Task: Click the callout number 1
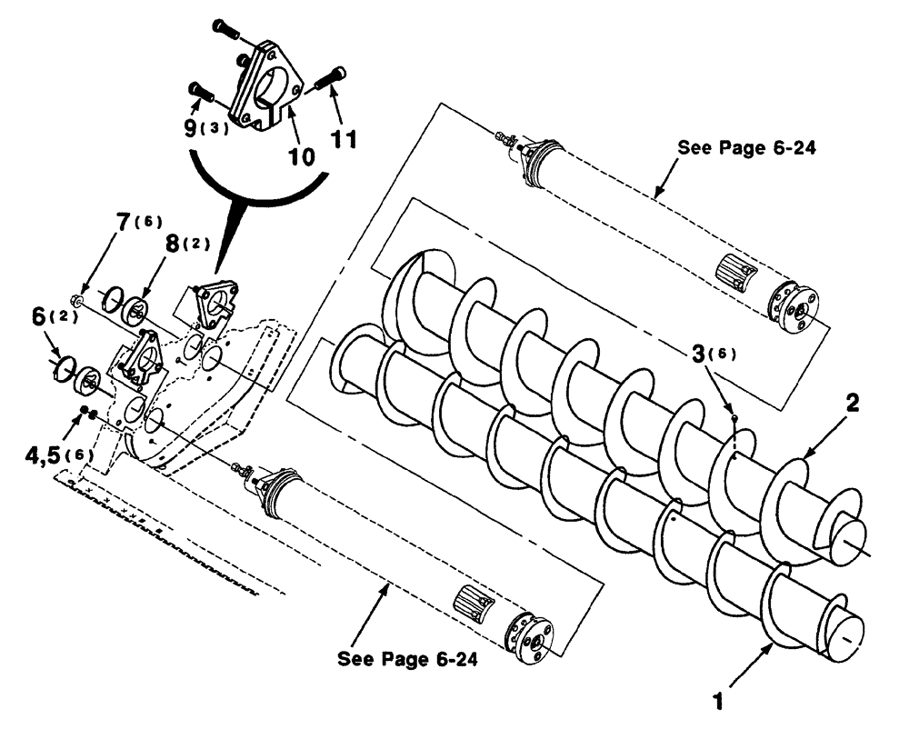pyautogui.click(x=718, y=703)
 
